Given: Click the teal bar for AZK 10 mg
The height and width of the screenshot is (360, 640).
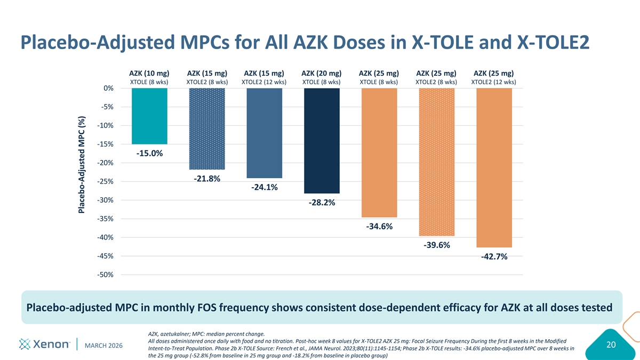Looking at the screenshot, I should [x=149, y=116].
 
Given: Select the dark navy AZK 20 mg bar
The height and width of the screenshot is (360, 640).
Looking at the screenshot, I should [x=322, y=140].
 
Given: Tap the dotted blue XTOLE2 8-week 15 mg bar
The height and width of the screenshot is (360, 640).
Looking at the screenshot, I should [x=207, y=129].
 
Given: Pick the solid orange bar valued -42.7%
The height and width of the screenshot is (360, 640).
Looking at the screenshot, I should [x=494, y=167].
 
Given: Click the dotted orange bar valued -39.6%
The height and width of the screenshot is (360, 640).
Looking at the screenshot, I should [x=437, y=162].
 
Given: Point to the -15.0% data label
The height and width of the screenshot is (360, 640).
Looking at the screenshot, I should [x=149, y=154].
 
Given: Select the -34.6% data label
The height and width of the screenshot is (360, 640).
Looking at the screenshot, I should [x=379, y=227].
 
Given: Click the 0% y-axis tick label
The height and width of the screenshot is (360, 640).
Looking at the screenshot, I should [x=108, y=88].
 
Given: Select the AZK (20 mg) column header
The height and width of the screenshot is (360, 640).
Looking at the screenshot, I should [x=322, y=73].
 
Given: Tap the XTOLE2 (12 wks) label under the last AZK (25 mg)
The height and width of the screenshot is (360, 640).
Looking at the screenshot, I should [x=494, y=82].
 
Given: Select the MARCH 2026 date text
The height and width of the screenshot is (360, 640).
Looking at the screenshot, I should [x=104, y=346].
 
